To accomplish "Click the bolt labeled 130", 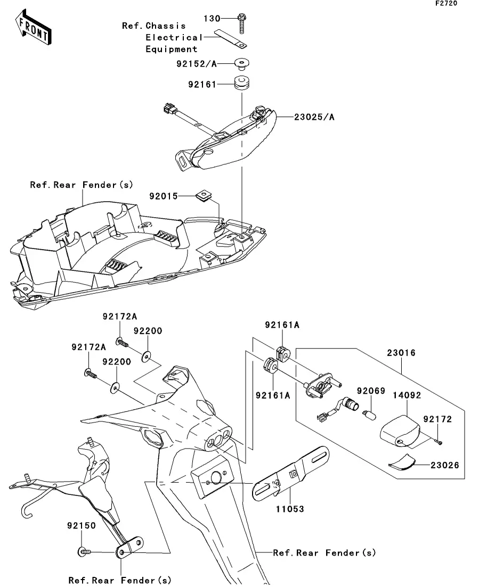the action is pyautogui.click(x=242, y=23).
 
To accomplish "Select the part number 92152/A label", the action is pyautogui.click(x=197, y=64).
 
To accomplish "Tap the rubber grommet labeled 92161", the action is pyautogui.click(x=242, y=83).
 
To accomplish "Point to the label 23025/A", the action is pyautogui.click(x=314, y=117).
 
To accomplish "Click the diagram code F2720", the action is pyautogui.click(x=446, y=3).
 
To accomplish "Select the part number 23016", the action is pyautogui.click(x=401, y=353).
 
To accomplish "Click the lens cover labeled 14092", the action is pyautogui.click(x=400, y=431).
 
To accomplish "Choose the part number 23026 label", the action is pyautogui.click(x=444, y=465).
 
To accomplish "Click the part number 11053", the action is pyautogui.click(x=290, y=509).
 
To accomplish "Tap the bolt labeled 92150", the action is pyautogui.click(x=85, y=551).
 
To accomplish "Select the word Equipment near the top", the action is pyautogui.click(x=172, y=49).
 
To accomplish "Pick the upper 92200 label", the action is pyautogui.click(x=148, y=331).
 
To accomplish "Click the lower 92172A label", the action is pyautogui.click(x=88, y=348).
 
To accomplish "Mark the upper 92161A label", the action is pyautogui.click(x=282, y=325).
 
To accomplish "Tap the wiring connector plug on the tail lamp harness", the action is pyautogui.click(x=169, y=110).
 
